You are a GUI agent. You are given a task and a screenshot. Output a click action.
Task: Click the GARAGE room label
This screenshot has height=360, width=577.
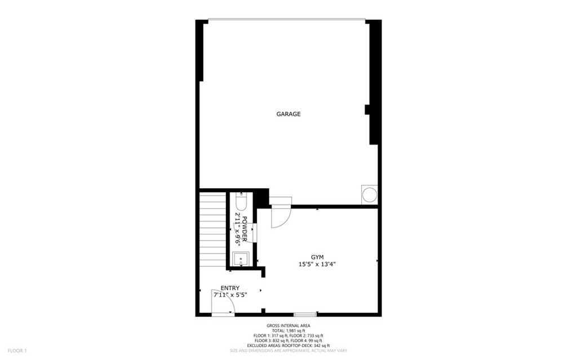click(x=288, y=114)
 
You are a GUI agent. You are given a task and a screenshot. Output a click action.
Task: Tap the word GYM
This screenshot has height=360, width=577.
click(x=317, y=256)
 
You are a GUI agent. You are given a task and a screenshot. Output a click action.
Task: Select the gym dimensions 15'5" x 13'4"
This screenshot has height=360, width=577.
click(x=317, y=264)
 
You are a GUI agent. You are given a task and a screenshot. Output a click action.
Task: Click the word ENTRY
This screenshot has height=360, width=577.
click(x=230, y=288)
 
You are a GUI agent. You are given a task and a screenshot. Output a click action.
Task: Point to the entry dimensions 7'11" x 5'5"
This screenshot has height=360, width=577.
click(x=230, y=295)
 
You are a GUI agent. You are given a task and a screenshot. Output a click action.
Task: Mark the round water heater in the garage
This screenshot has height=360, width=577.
click(x=369, y=195)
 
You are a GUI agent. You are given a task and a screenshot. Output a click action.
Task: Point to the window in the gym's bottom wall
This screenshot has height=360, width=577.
click(x=305, y=314)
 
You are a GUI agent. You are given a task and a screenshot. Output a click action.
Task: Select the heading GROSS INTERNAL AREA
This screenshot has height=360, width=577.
click(x=288, y=326)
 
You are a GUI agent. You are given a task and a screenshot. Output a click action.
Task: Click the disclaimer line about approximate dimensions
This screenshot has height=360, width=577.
click(x=288, y=350)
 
